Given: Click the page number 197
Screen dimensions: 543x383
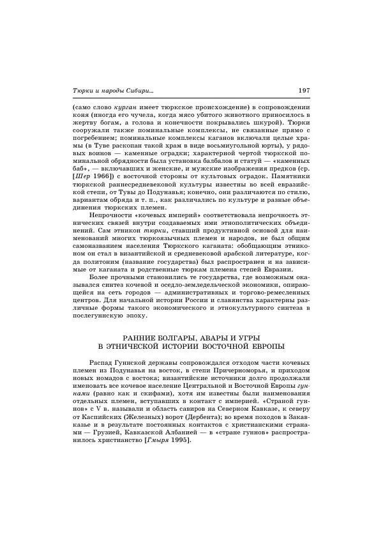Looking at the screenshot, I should pos(303,89).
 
